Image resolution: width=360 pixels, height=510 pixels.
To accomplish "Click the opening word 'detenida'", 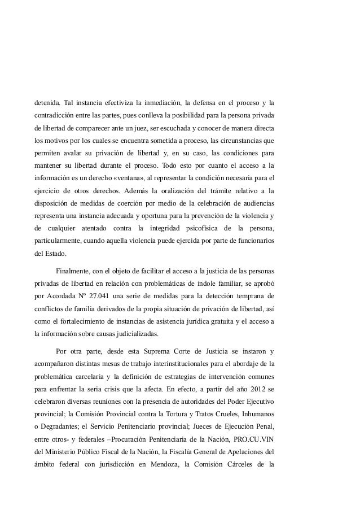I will pos(48,103).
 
